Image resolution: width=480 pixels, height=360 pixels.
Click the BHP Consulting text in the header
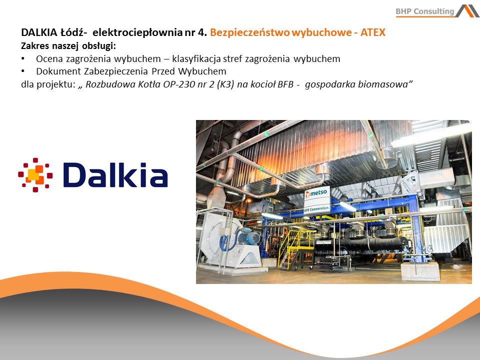(425, 11)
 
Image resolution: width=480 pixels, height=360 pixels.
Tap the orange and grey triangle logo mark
(467, 11)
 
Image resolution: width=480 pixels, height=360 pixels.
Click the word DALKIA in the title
(39, 32)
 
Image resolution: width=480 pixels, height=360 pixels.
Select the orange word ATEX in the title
(373, 32)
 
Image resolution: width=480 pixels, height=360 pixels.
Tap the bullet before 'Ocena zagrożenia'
(23, 58)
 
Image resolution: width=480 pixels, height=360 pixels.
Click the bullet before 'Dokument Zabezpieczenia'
(23, 71)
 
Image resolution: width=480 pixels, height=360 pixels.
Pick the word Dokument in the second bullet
(58, 71)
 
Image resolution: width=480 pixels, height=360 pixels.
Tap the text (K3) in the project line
(225, 84)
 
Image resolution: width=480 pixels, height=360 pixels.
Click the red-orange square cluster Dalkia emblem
(35, 175)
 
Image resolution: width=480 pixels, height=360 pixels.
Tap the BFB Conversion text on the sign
(317, 209)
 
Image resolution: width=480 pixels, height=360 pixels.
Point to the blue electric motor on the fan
(249, 237)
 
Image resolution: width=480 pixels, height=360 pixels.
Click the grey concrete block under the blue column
(420, 271)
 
